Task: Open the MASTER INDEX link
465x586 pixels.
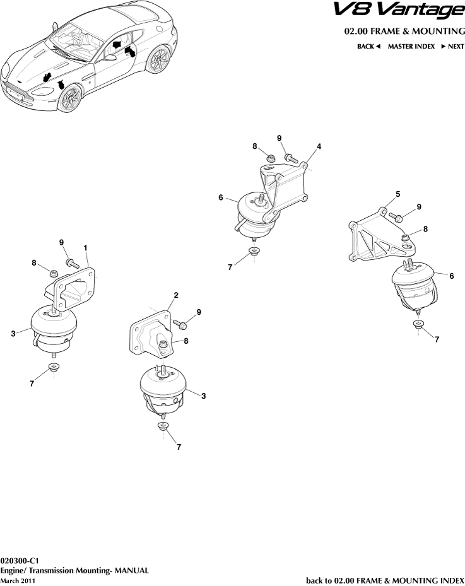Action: click(x=411, y=47)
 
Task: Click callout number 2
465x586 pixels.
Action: click(x=176, y=295)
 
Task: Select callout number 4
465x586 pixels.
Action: click(x=319, y=146)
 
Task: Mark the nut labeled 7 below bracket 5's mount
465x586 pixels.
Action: click(x=418, y=325)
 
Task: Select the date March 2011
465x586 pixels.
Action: click(x=18, y=580)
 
